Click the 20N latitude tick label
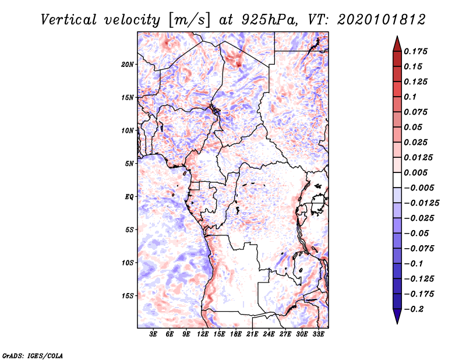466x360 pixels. tap(127, 65)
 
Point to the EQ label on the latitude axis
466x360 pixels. tap(129, 197)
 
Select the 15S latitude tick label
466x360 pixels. tap(127, 296)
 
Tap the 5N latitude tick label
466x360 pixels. tap(129, 164)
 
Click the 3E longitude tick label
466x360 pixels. tap(153, 334)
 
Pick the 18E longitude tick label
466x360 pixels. tap(236, 334)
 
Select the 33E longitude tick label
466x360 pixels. tap(318, 334)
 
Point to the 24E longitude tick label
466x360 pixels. tap(269, 334)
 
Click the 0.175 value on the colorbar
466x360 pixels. tap(415, 51)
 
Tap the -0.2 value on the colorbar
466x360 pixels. tap(414, 309)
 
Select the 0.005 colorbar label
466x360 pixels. tap(415, 172)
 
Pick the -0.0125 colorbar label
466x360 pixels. tap(421, 203)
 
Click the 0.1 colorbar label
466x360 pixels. tap(410, 97)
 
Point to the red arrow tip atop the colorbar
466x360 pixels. tap(397, 37)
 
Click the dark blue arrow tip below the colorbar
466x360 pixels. tap(397, 323)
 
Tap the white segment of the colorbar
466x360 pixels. tap(397, 180)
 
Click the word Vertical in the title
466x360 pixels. tap(69, 20)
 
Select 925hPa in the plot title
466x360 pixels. tap(269, 20)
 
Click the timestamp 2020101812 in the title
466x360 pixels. tap(382, 20)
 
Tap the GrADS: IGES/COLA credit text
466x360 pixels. tap(33, 355)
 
